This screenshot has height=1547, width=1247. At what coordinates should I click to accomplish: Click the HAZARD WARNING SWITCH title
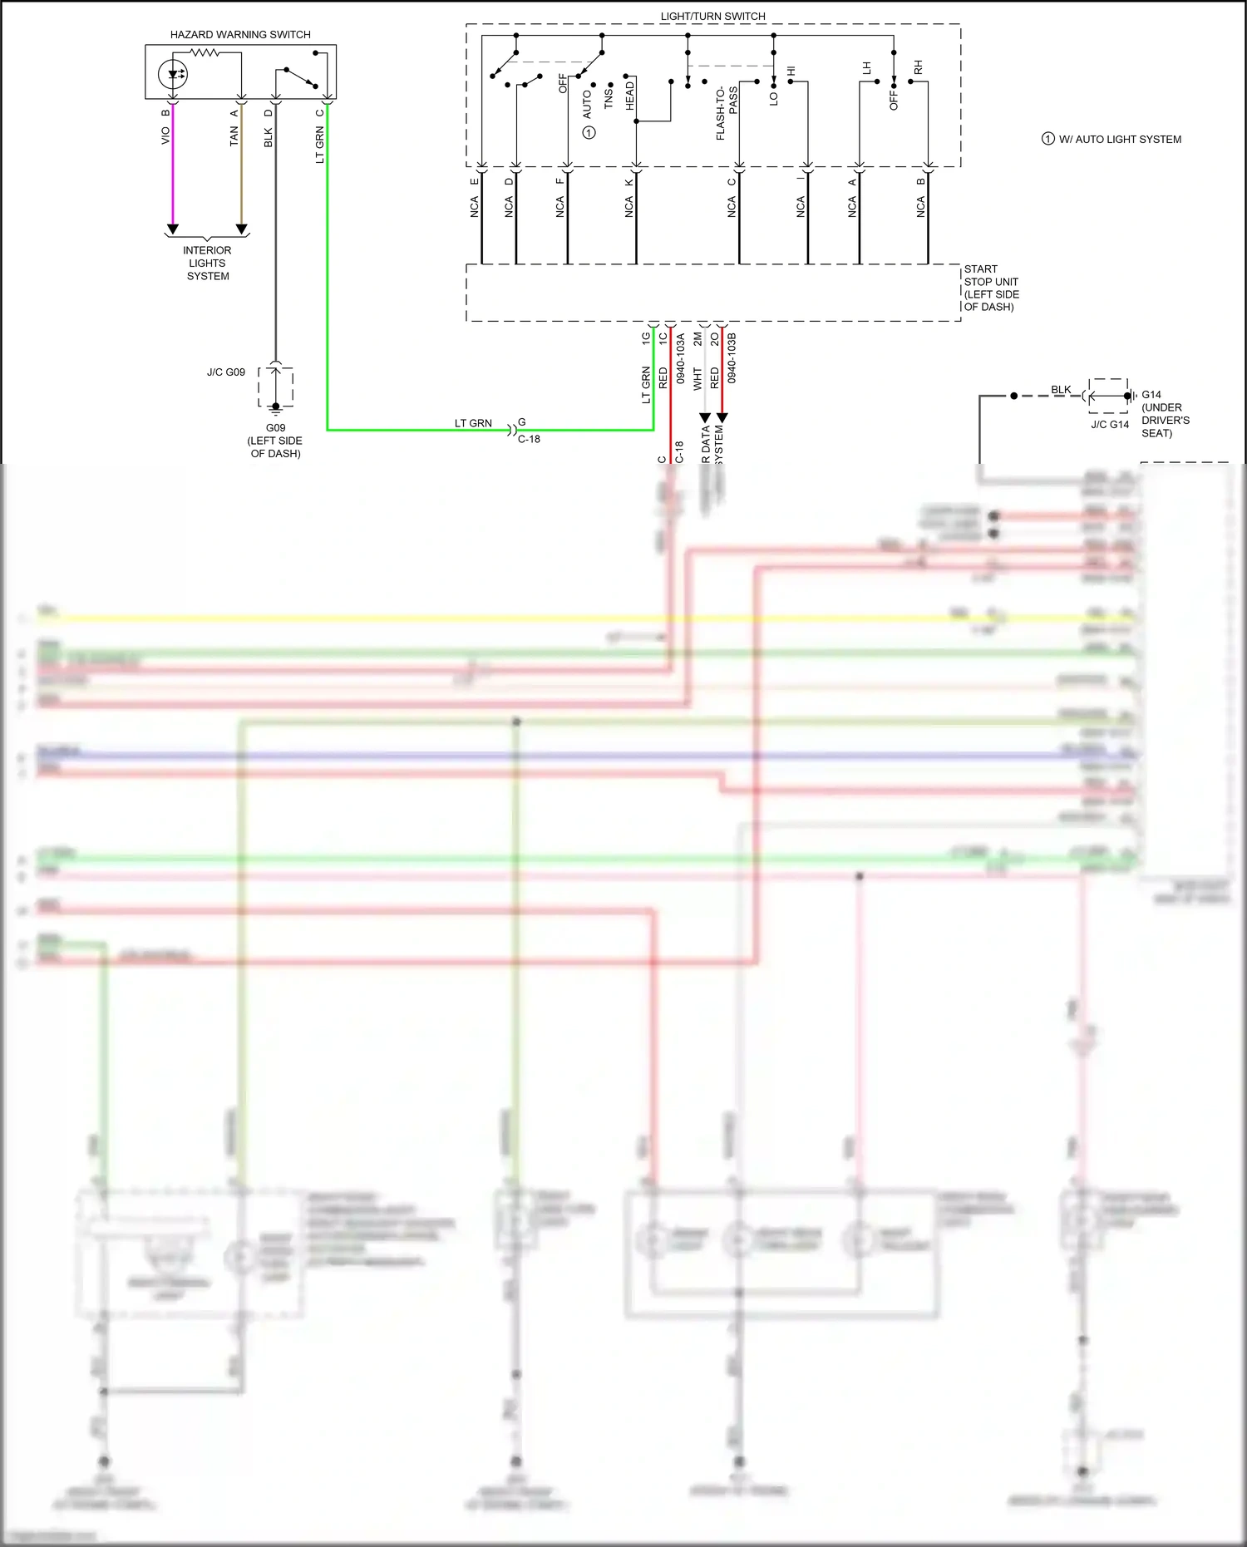[240, 35]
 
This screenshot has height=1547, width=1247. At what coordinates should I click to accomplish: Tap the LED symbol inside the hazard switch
[173, 75]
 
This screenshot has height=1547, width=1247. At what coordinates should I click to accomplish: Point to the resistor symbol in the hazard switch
[204, 52]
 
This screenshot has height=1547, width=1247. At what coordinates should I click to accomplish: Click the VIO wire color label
[165, 135]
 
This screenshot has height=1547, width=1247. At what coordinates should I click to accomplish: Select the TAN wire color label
[234, 136]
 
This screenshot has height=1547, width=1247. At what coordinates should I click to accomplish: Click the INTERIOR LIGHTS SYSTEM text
[207, 263]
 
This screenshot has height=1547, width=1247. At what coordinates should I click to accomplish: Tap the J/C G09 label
[226, 372]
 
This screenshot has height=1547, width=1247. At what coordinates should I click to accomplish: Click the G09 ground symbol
[276, 407]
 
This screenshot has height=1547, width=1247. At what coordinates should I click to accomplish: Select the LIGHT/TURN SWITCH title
[712, 16]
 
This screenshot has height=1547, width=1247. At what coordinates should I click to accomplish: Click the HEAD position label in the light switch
[629, 96]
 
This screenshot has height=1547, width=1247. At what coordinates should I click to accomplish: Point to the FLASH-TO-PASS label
[726, 113]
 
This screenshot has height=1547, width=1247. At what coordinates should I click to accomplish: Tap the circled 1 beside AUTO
[589, 133]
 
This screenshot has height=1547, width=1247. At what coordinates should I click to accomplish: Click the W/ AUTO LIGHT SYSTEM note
[1119, 140]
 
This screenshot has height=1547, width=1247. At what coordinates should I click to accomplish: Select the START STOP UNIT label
[991, 288]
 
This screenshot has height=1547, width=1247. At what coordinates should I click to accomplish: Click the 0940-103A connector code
[680, 358]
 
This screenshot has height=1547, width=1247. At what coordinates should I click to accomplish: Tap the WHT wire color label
[697, 379]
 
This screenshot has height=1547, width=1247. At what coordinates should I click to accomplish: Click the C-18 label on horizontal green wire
[529, 439]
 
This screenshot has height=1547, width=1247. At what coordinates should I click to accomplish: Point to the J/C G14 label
[1110, 425]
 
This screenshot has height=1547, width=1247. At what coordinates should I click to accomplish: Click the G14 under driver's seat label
[1165, 414]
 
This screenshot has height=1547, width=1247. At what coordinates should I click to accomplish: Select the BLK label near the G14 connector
[1061, 389]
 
